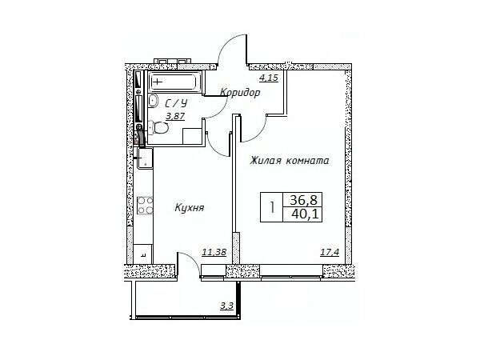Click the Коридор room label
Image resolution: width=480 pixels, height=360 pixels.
point(240,92)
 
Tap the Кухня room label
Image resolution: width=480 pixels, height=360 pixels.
point(189,208)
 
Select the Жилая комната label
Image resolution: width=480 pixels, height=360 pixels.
point(290,161)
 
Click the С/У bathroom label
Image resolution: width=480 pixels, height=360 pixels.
point(176,103)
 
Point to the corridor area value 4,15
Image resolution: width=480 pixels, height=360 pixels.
point(269,78)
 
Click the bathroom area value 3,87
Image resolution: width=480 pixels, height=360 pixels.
point(175,116)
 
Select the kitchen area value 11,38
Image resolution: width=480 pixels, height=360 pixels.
point(214,252)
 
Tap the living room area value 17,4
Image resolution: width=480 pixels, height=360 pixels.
point(330,252)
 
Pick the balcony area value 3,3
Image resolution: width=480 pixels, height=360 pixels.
point(227,306)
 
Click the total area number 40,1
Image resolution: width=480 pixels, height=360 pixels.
point(306,214)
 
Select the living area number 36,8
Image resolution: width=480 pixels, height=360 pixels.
point(304,200)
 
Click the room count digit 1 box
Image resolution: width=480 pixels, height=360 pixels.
point(272,207)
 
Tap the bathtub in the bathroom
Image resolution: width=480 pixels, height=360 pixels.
point(174,82)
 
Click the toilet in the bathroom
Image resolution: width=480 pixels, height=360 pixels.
point(158,128)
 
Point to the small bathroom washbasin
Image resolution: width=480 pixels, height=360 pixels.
point(153,101)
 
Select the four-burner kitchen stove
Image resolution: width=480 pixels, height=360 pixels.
point(145,205)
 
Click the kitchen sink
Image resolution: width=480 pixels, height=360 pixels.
point(145,158)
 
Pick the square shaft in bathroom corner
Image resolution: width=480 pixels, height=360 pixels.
point(192,136)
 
